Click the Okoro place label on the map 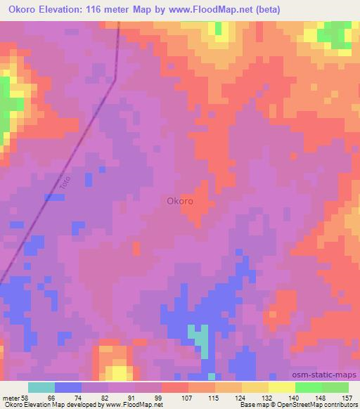coord(180,200)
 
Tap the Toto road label coord(66,181)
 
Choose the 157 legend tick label coord(345,397)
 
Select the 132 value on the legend coord(266,397)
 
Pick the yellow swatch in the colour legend coord(281,387)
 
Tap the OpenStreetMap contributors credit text coord(315,405)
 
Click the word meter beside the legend coord(10,397)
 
